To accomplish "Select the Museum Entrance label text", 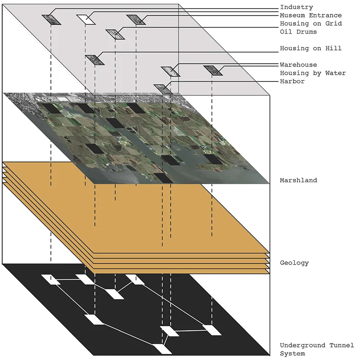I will (x=310, y=15).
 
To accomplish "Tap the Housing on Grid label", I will (x=310, y=23).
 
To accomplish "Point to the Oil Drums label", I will (x=298, y=31).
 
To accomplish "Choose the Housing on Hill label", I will (x=310, y=48).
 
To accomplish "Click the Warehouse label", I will (x=298, y=65).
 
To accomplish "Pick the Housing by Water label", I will (x=313, y=73).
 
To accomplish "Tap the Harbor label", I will (x=292, y=81).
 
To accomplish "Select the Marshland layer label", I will (x=298, y=180).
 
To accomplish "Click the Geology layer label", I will (x=294, y=263).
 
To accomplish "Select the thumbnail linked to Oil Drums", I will (x=115, y=34).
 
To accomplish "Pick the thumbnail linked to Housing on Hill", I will (x=94, y=59).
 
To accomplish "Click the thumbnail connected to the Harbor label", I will (x=162, y=88).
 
